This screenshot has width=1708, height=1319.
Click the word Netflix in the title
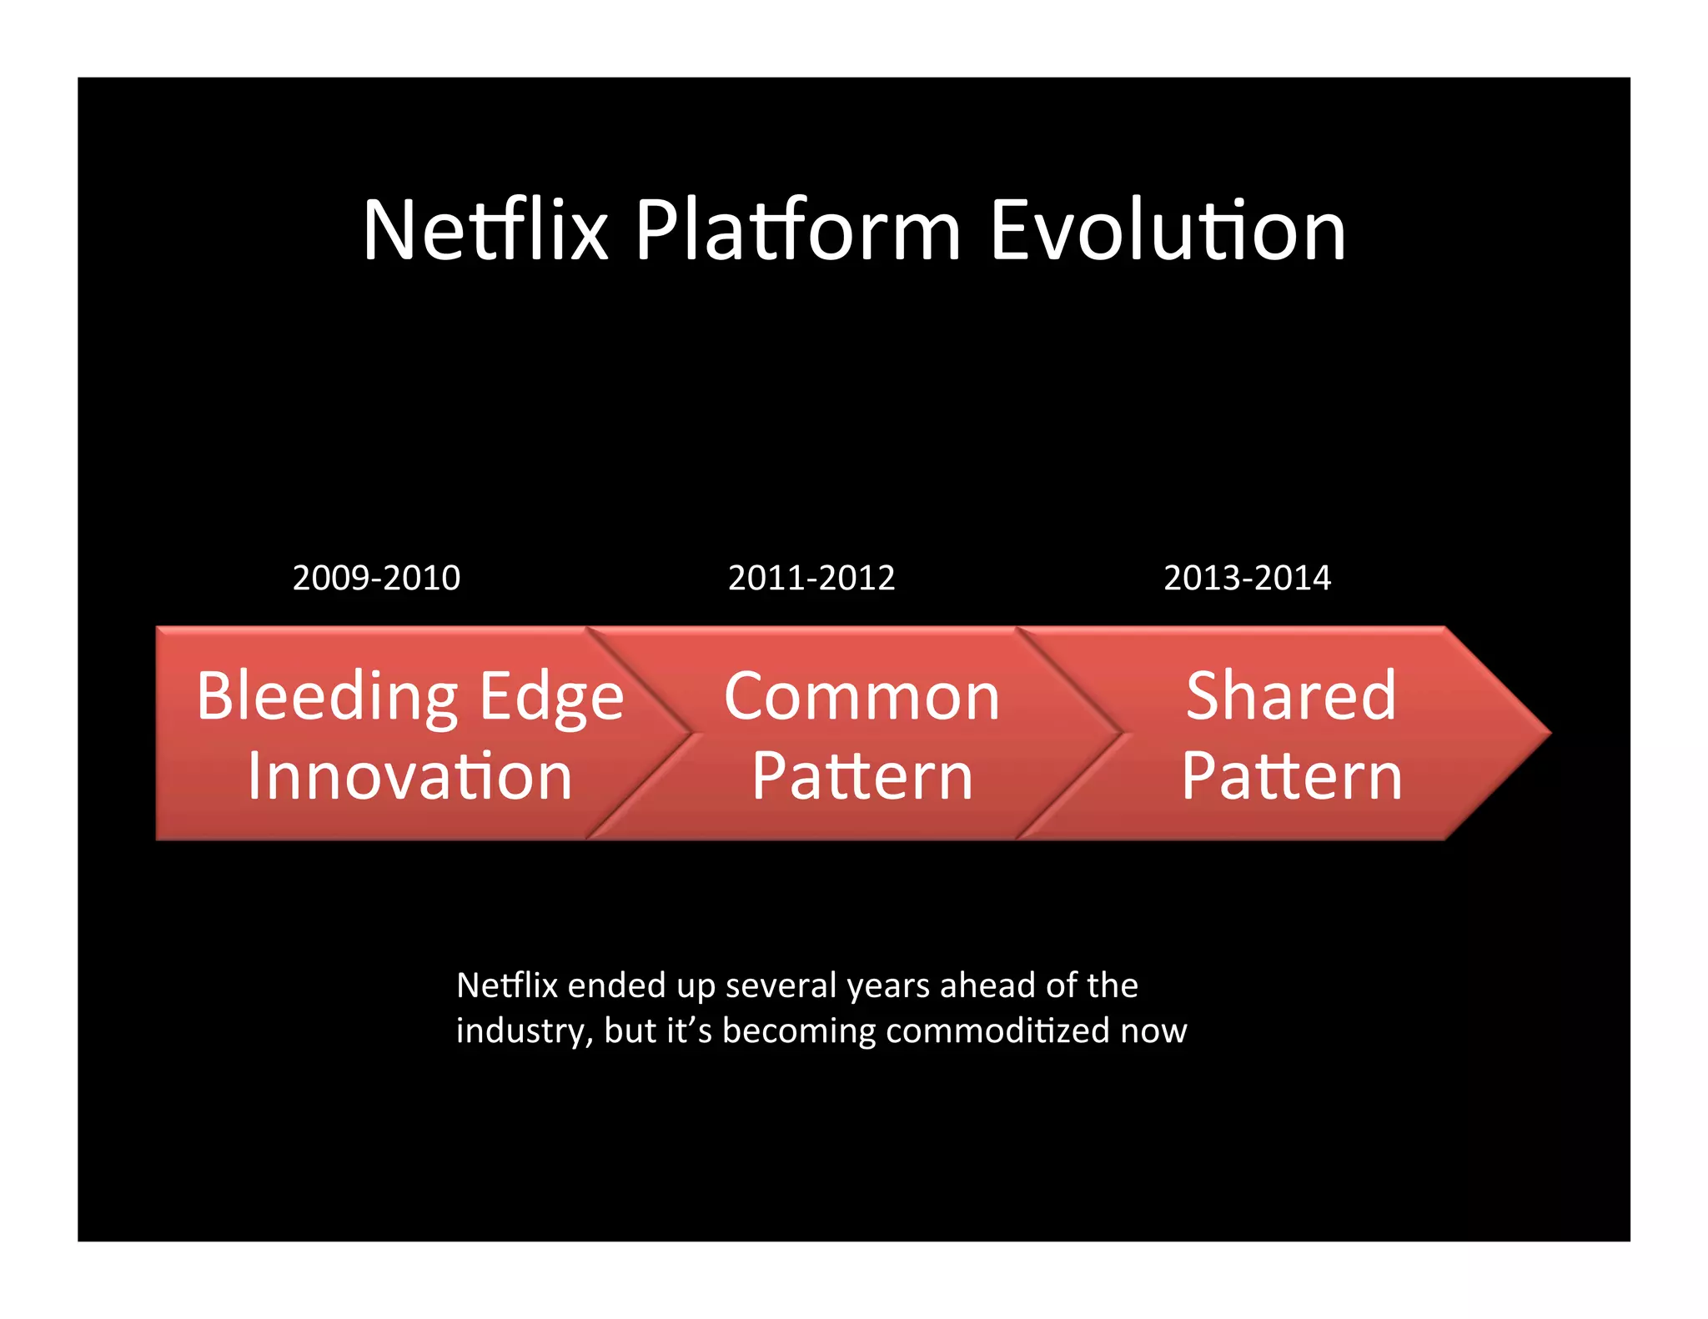click(485, 231)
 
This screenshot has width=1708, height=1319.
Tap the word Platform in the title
click(798, 231)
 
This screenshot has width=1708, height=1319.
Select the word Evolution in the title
click(1168, 231)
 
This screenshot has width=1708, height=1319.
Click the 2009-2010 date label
click(376, 578)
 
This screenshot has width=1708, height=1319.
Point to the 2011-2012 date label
click(811, 578)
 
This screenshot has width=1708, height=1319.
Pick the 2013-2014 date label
click(1247, 578)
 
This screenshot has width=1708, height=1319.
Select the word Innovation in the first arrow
click(409, 776)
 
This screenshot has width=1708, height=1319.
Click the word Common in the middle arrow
click(862, 697)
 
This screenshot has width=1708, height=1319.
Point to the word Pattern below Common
click(862, 776)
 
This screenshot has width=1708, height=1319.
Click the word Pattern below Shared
click(1291, 776)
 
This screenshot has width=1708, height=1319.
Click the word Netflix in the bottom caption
click(506, 986)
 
